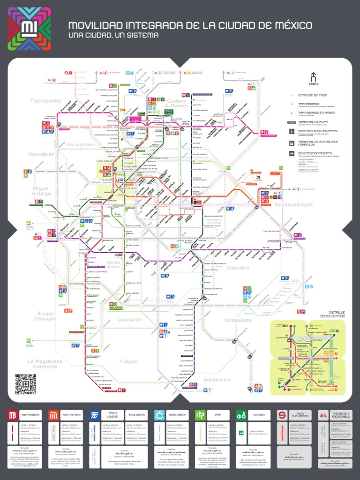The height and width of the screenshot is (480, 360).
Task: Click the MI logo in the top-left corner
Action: pyautogui.click(x=29, y=29)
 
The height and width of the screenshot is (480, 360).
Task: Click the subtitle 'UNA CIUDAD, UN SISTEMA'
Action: pyautogui.click(x=113, y=36)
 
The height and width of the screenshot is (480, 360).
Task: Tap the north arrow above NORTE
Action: pyautogui.click(x=314, y=77)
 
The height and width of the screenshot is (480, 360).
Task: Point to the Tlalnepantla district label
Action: pyautogui.click(x=45, y=101)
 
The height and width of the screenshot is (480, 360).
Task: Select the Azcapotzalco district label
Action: pyautogui.click(x=81, y=144)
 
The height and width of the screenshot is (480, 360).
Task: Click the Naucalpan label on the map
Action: pyautogui.click(x=41, y=154)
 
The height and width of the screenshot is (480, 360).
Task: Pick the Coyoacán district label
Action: pyautogui.click(x=129, y=320)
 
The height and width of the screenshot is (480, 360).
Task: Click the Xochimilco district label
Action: pyautogui.click(x=217, y=380)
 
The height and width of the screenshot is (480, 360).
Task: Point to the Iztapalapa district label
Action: pyautogui.click(x=238, y=320)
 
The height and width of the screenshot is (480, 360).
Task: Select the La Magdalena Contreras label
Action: pyautogui.click(x=45, y=364)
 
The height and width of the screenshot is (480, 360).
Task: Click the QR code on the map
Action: pyautogui.click(x=25, y=384)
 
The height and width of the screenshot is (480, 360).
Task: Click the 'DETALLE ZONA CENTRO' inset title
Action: pyautogui.click(x=337, y=314)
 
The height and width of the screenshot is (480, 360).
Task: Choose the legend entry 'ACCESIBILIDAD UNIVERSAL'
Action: pyautogui.click(x=318, y=131)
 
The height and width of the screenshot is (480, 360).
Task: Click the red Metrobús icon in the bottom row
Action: pyautogui.click(x=13, y=415)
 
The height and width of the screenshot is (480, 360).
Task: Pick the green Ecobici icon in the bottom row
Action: pyautogui.click(x=241, y=415)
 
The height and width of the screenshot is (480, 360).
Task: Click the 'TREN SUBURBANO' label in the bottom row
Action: pyautogui.click(x=300, y=415)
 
